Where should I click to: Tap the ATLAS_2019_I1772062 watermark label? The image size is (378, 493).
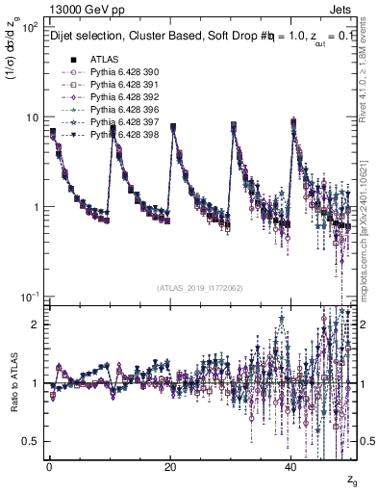click(x=200, y=288)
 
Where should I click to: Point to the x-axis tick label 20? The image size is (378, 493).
click(x=170, y=466)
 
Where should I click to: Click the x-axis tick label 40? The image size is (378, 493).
click(x=291, y=466)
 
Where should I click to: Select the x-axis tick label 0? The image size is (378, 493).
click(x=49, y=466)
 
